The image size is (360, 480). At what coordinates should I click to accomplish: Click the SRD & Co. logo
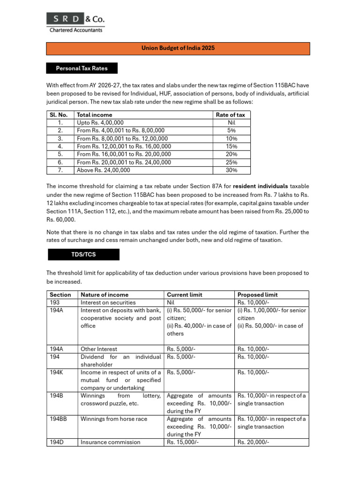[75, 19]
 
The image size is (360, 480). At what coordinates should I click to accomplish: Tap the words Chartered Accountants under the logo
[75, 30]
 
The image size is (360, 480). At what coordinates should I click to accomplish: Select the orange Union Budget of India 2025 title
[178, 48]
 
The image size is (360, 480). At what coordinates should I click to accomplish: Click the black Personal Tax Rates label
[82, 68]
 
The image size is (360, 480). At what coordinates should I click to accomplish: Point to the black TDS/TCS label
[83, 255]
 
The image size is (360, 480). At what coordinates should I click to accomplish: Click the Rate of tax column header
[230, 115]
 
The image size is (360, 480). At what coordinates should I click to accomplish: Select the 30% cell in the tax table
[232, 171]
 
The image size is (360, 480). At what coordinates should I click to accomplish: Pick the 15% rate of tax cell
[232, 147]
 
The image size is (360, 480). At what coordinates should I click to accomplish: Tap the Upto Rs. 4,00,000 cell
[100, 123]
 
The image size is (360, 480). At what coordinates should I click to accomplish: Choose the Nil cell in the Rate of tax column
[232, 123]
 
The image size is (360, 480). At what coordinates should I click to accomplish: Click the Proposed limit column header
[257, 295]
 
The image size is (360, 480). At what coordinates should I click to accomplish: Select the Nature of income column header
[104, 295]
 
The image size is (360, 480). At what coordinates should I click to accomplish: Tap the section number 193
[55, 302]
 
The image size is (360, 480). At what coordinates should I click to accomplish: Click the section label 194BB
[59, 419]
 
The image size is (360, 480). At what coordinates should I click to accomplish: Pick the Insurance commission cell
[110, 442]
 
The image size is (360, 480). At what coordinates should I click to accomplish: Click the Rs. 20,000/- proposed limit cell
[254, 442]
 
